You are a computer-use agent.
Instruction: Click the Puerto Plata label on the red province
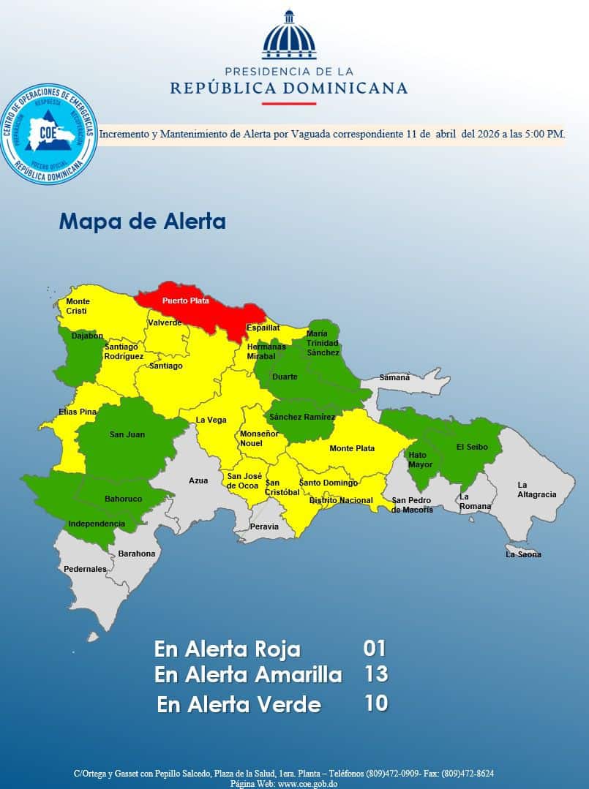[x=185, y=301]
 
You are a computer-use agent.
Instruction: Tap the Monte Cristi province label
[x=78, y=306]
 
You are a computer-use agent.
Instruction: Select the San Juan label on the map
[x=127, y=434]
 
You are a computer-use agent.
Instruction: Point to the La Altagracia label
[x=536, y=489]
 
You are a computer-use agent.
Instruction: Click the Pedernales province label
[x=85, y=569]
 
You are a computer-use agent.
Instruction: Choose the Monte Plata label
[x=352, y=448]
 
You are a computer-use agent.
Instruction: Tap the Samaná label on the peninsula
[x=395, y=377]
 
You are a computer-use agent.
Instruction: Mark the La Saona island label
[x=524, y=554]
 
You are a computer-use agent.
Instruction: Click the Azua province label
[x=198, y=480]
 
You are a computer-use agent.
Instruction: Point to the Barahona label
[x=137, y=554]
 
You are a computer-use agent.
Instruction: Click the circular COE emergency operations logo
[x=49, y=134]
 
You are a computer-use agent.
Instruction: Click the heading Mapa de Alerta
[x=142, y=222]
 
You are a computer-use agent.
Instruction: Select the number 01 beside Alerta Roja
[x=374, y=649]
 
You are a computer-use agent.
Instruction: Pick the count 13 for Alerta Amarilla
[x=375, y=674]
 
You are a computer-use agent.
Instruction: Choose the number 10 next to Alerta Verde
[x=375, y=703]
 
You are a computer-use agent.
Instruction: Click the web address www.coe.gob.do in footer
[x=308, y=783]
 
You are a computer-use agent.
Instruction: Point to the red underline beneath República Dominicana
[x=289, y=104]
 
